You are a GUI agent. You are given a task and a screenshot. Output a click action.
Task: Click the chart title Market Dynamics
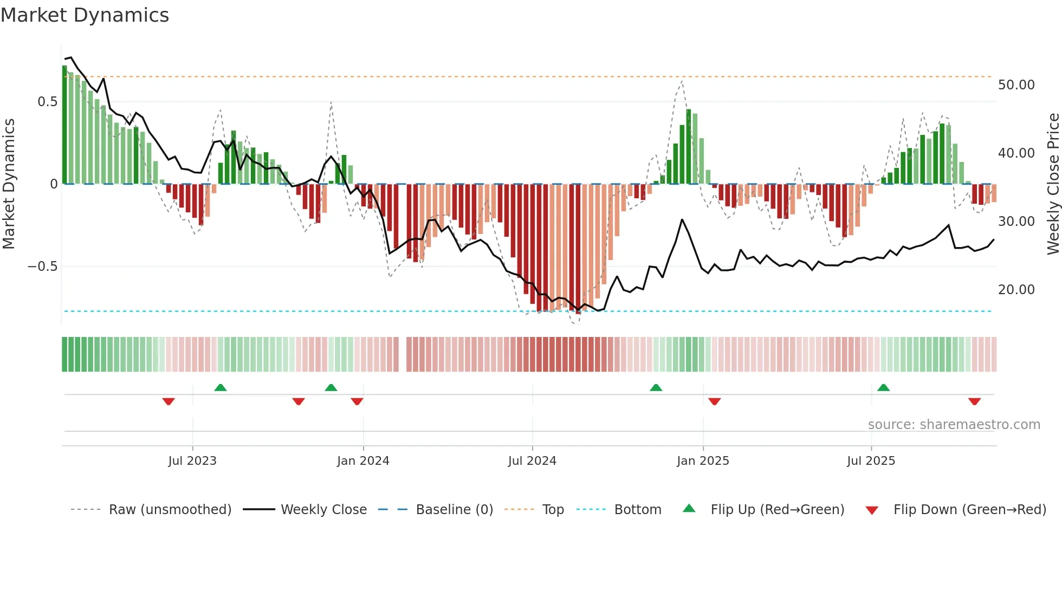point(85,15)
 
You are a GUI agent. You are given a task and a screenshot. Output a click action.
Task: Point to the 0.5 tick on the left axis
point(48,102)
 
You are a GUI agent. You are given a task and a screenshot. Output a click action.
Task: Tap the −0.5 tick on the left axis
point(43,267)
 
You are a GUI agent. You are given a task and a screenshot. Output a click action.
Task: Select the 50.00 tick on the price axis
point(1016,85)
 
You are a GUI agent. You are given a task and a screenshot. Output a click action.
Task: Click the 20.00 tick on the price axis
point(1016,290)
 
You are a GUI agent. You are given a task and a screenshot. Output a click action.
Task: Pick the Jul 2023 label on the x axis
point(192,461)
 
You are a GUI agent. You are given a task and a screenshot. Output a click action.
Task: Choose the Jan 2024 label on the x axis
point(363,461)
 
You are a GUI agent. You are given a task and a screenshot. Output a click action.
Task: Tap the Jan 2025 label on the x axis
point(703,461)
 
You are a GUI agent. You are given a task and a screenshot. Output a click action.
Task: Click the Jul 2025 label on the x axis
point(871,461)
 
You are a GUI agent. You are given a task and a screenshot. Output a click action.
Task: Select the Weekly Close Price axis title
point(1053,184)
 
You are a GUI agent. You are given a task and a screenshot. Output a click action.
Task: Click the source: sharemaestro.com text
point(954,425)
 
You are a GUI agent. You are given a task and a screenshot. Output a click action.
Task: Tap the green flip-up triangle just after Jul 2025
point(883,387)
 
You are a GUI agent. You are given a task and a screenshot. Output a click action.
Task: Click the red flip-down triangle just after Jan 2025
point(714,401)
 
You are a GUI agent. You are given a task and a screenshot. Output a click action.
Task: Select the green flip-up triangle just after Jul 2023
point(220,387)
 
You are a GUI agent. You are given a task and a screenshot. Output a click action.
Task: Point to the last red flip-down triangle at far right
point(974,401)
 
